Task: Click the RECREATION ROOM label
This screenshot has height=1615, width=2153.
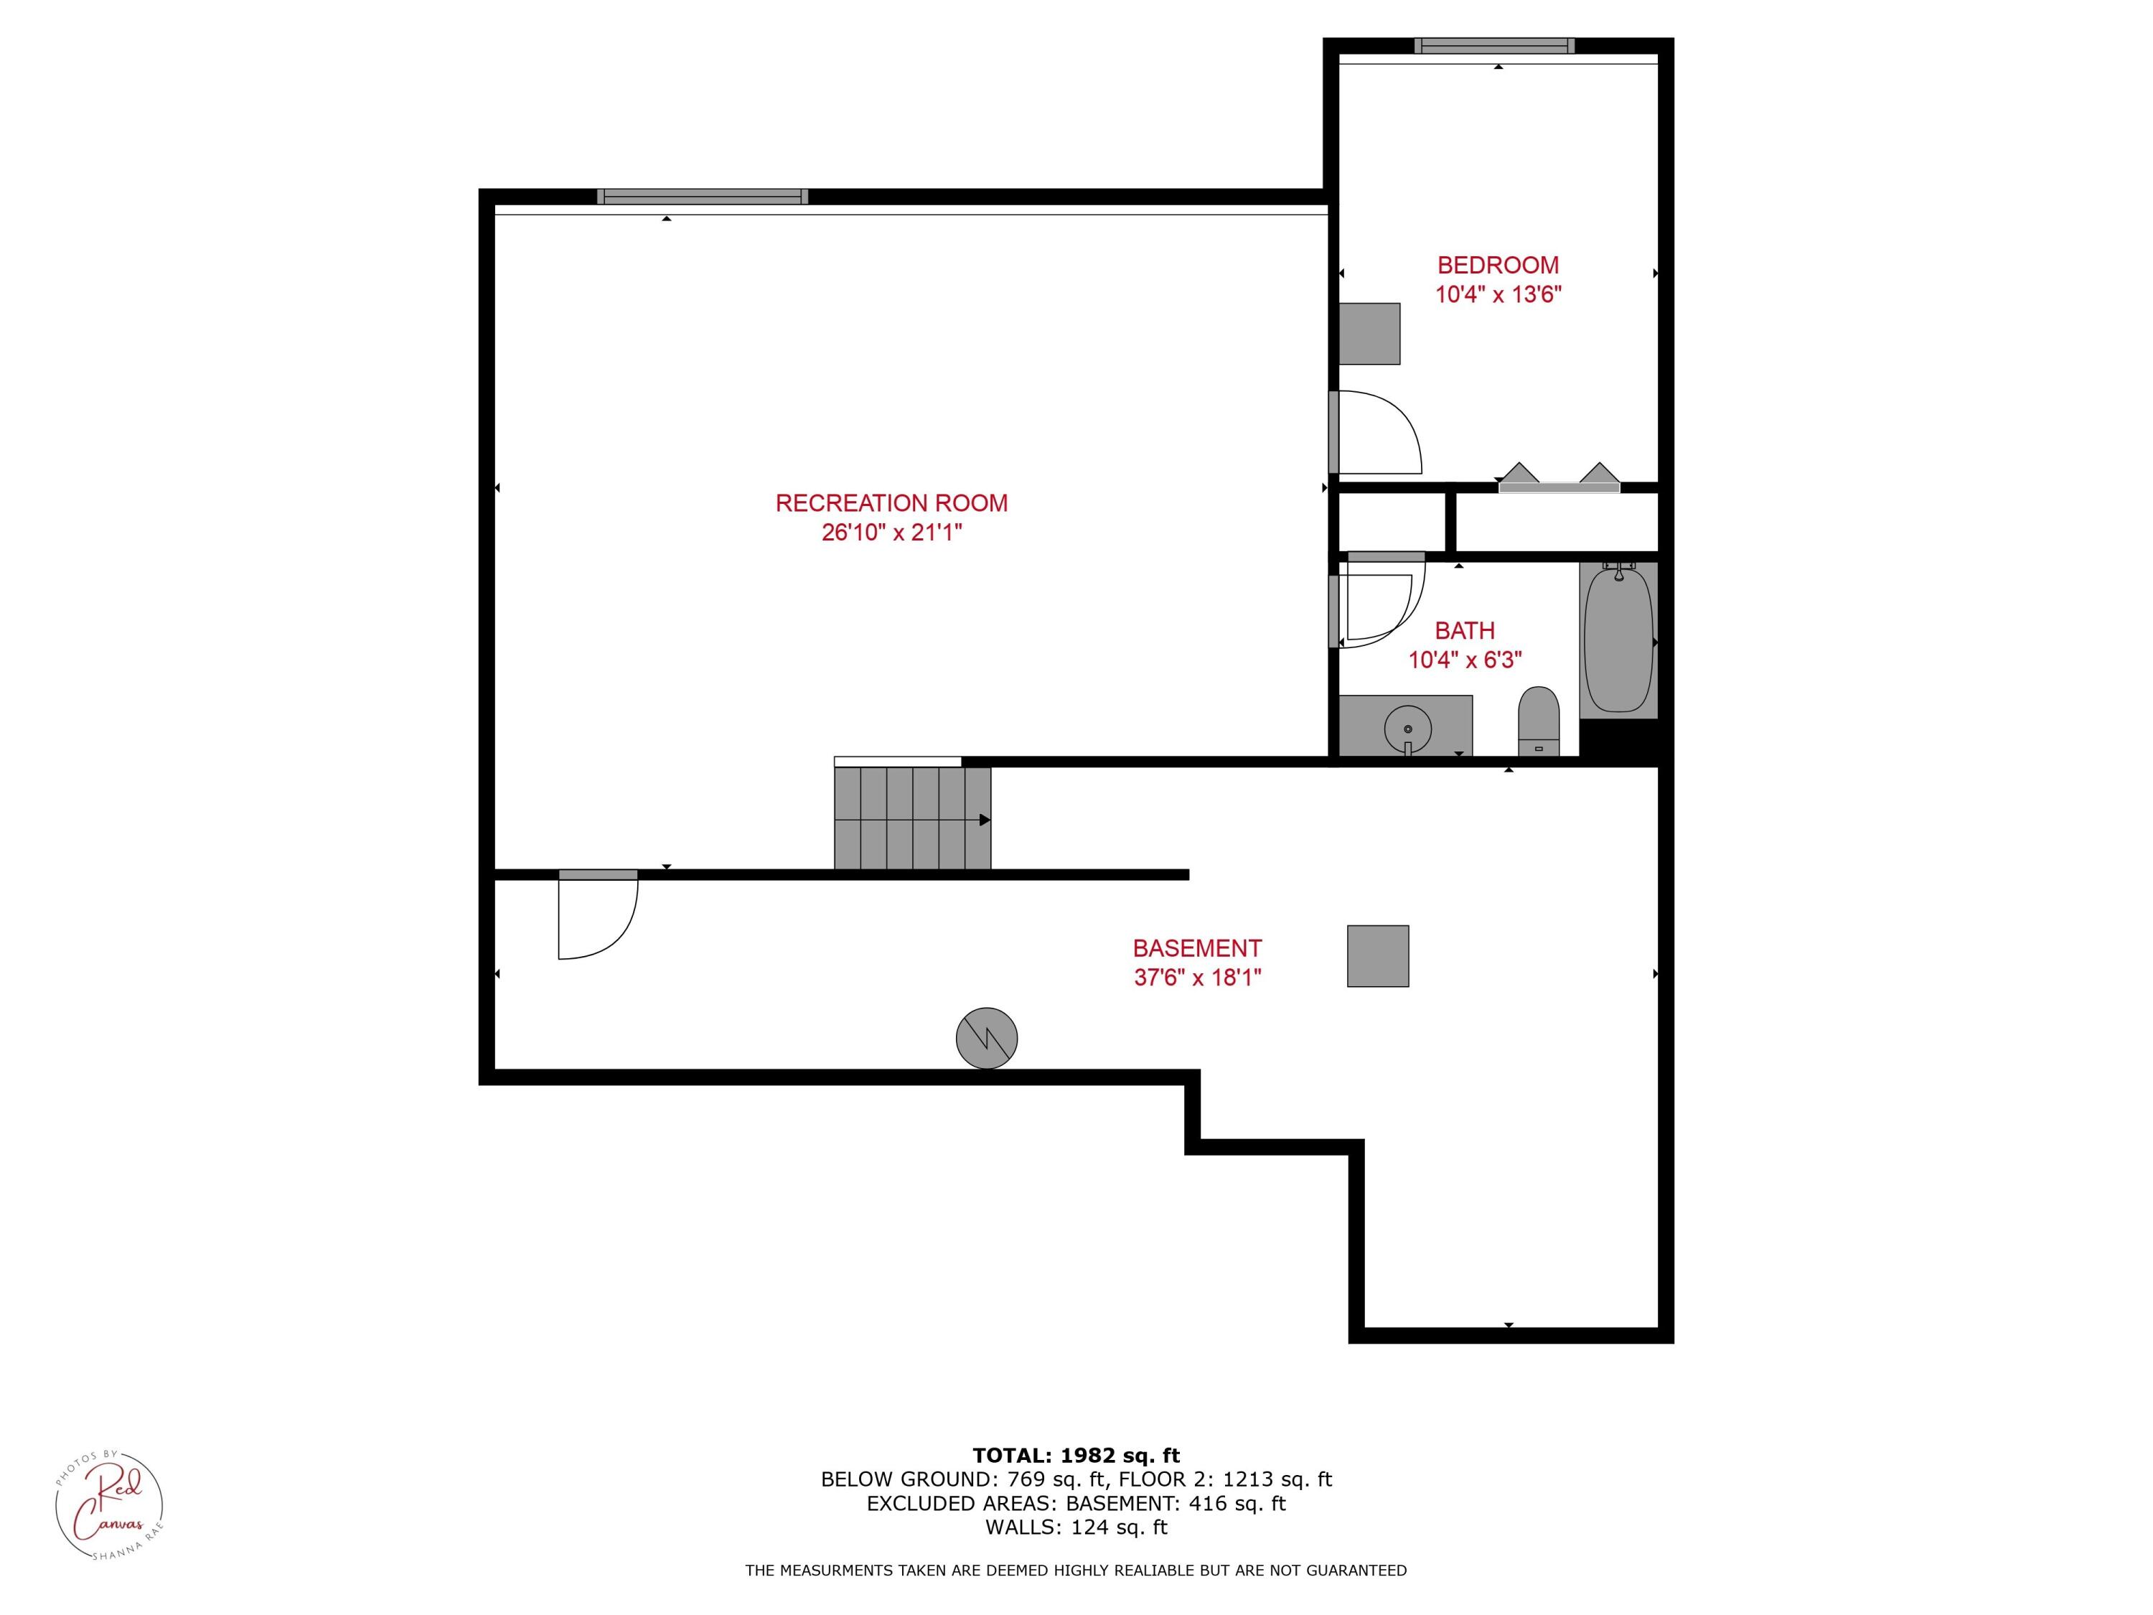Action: [891, 503]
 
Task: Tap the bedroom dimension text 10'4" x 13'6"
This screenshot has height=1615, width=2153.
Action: [1498, 294]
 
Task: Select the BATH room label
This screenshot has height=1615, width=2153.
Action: [1464, 631]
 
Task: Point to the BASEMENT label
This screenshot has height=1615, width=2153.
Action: [1196, 948]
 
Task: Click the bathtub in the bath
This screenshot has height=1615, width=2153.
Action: [1618, 640]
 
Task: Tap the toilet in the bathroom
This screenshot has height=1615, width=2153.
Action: [1538, 721]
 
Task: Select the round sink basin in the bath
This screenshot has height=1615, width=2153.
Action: [1407, 728]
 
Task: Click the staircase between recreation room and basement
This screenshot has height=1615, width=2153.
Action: [912, 818]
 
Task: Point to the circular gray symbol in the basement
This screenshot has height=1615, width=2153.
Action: [986, 1038]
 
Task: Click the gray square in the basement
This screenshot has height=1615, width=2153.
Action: [1377, 956]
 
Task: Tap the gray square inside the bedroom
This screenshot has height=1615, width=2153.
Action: [1369, 334]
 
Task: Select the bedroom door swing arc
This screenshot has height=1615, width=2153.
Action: [1382, 434]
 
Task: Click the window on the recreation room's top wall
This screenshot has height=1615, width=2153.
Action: [702, 197]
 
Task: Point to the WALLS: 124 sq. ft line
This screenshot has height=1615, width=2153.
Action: [1076, 1527]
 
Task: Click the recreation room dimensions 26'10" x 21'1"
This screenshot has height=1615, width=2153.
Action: [891, 533]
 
